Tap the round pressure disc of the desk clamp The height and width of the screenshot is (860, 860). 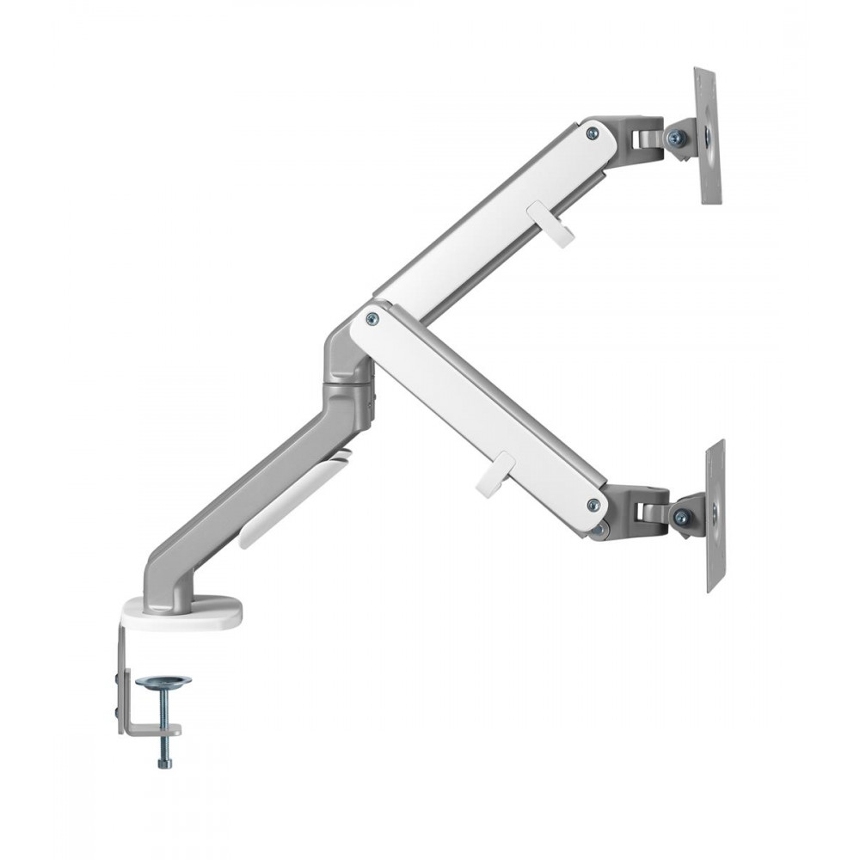tap(163, 682)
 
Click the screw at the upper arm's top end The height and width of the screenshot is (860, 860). tap(592, 132)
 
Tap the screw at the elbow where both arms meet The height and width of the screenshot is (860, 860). tap(372, 318)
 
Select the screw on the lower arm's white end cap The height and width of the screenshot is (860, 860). tap(592, 505)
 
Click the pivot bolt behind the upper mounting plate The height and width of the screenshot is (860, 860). tap(675, 137)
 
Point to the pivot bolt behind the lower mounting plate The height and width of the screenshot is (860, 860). tap(681, 517)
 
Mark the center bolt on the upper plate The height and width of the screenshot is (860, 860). tap(707, 135)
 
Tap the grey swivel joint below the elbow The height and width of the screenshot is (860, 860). tap(348, 378)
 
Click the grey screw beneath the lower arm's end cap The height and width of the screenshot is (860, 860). tap(596, 531)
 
